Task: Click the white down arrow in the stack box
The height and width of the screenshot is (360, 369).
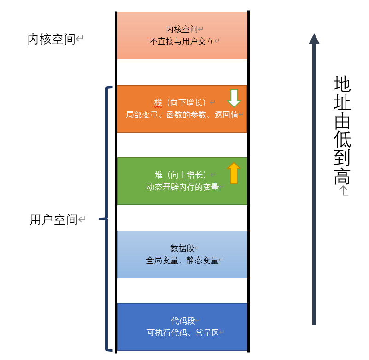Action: (234, 98)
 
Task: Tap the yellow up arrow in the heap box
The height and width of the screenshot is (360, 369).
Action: (234, 173)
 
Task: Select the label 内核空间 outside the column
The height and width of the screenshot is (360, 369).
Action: (52, 40)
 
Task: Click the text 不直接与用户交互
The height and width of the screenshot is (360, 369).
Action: (182, 41)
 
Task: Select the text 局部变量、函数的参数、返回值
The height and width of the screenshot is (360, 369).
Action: (182, 114)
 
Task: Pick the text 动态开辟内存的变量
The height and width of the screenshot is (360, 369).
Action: (182, 187)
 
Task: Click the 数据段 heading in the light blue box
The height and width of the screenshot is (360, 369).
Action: (182, 248)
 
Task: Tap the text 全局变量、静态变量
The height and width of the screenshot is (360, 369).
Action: (182, 260)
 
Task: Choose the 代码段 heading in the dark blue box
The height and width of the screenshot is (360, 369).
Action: (182, 320)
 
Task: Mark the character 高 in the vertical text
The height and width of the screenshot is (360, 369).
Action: (342, 177)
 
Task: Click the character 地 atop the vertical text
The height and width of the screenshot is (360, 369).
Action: (342, 84)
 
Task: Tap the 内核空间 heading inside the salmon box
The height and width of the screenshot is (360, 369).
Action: (182, 30)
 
